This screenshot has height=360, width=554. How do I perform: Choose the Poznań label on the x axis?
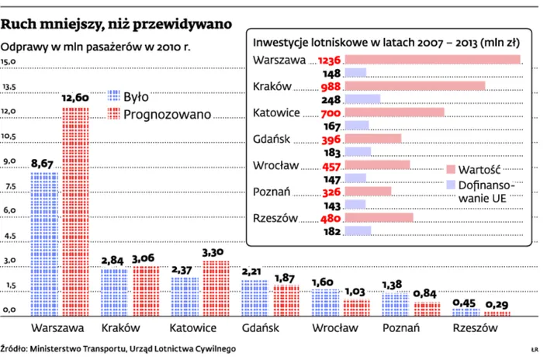tap(402, 328)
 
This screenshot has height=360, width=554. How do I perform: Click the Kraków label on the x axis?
tap(119, 328)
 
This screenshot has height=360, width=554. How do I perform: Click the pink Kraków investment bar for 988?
tap(414, 85)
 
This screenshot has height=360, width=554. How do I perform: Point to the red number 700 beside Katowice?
tap(331, 112)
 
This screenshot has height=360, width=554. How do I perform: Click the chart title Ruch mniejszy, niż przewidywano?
tap(116, 24)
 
